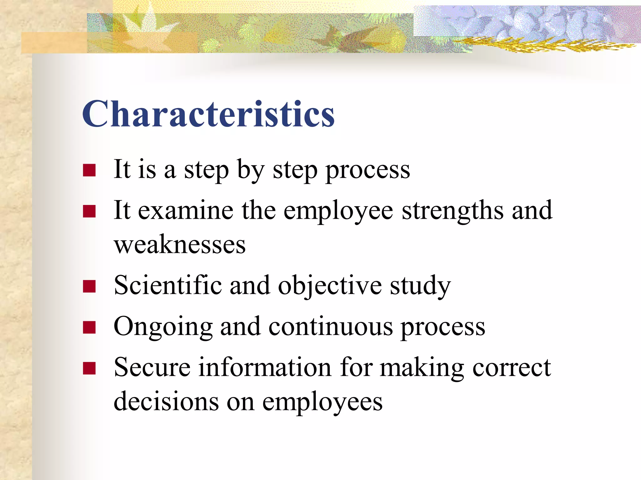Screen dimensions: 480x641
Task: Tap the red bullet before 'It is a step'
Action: [89, 171]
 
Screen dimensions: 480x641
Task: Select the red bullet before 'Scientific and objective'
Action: [89, 286]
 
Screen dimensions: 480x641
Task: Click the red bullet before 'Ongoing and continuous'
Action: [89, 327]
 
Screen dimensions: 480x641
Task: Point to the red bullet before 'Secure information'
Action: [89, 368]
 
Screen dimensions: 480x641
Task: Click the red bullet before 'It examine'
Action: [89, 211]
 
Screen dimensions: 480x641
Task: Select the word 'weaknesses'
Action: [180, 245]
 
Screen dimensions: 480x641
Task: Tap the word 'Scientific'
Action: [168, 285]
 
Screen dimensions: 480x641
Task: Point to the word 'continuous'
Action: [331, 327]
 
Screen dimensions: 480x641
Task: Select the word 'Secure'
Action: [152, 367]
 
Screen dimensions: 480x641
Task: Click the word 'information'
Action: [265, 367]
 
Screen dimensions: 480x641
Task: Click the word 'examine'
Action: [186, 211]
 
